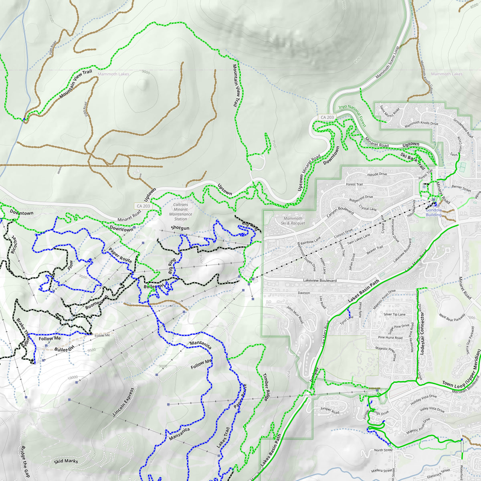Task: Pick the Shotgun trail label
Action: tap(180, 228)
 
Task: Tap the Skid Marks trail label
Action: tap(66, 461)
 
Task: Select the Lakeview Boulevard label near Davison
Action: tap(319, 281)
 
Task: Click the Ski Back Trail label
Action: tap(412, 160)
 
